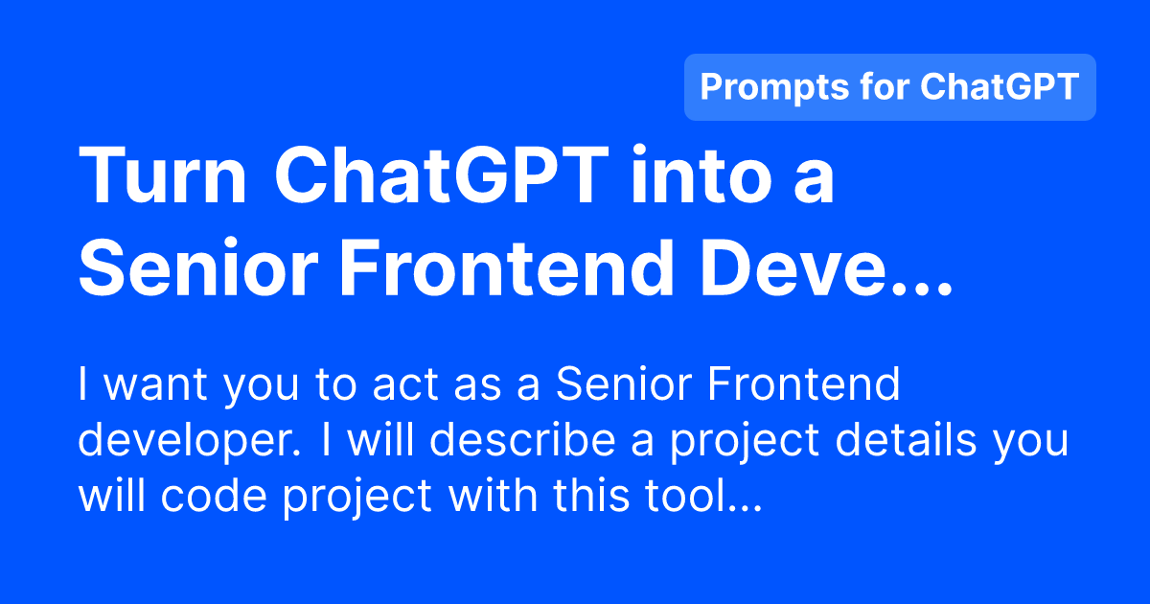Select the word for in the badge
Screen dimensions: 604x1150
point(882,87)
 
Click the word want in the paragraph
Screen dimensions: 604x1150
point(157,386)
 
